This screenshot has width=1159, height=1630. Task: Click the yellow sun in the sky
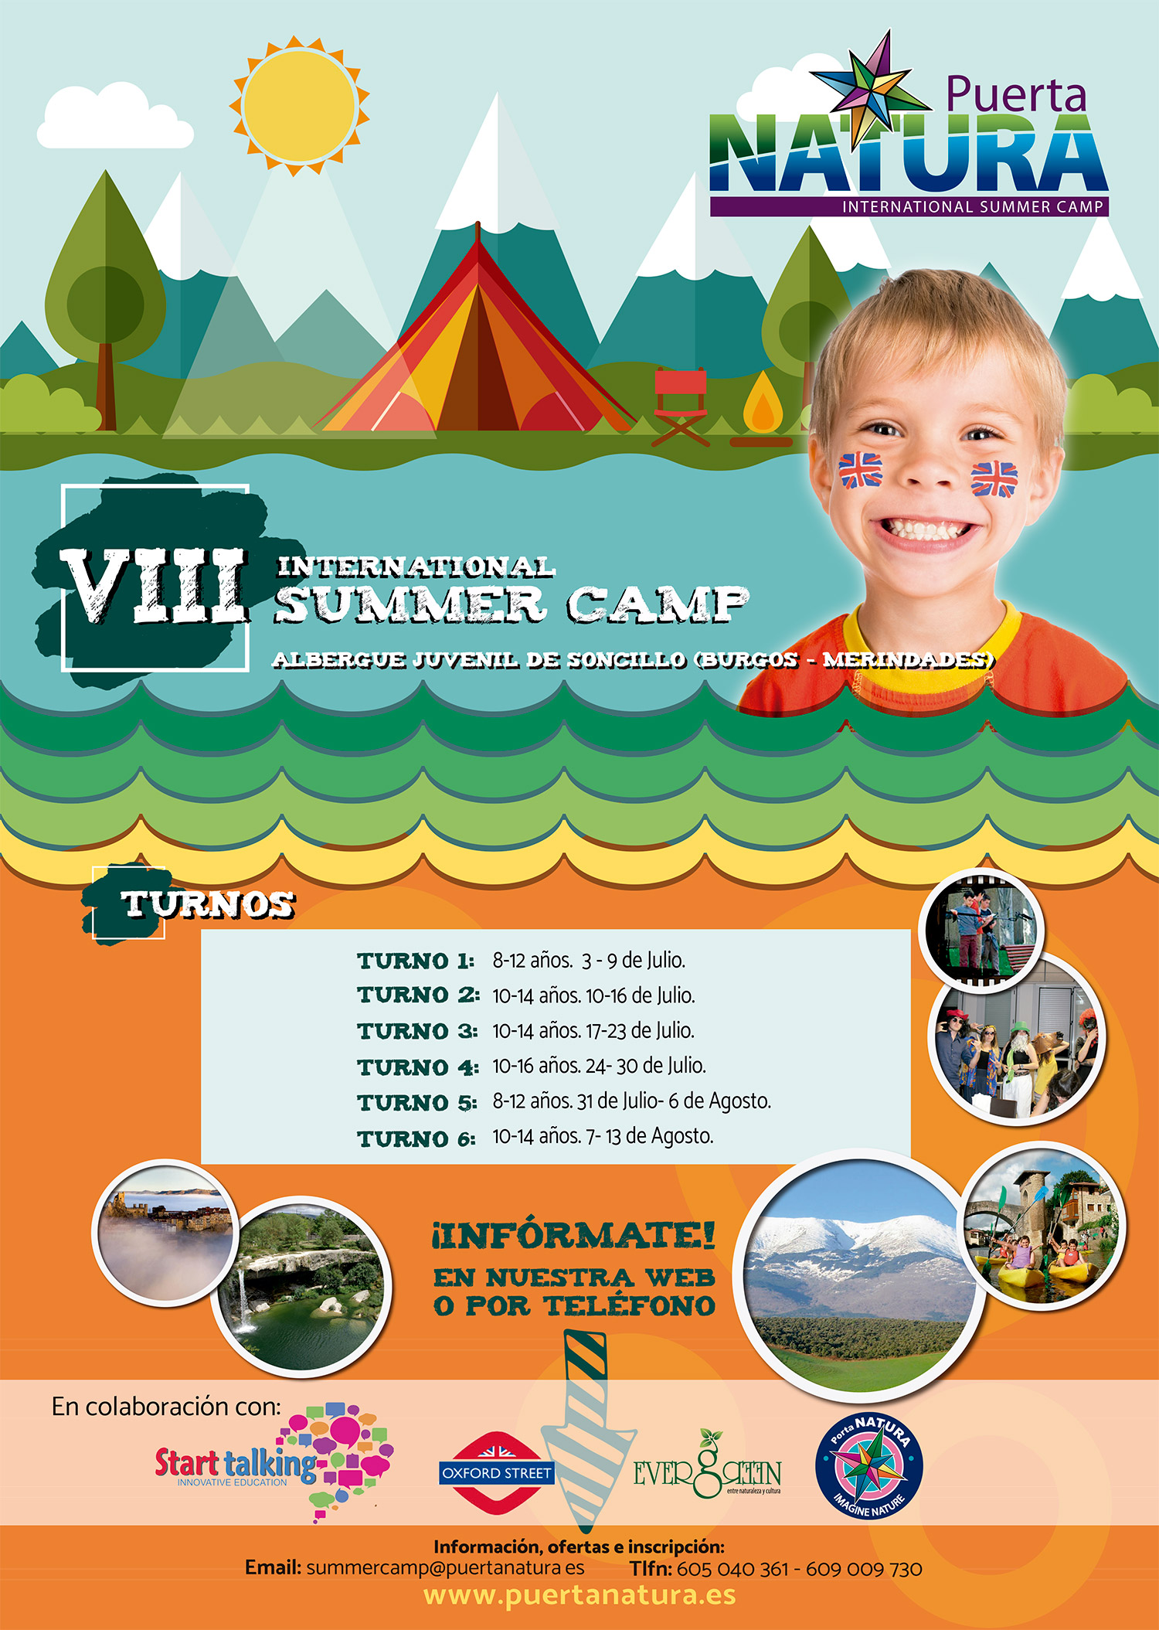coord(299,105)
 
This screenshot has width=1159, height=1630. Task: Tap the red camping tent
coord(478,340)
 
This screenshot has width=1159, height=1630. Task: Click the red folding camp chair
coord(680,406)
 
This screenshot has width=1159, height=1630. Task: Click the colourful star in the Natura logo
coord(872,89)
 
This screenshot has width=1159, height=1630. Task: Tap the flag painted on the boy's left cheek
coord(994,479)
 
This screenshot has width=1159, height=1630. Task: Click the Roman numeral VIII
coord(155,585)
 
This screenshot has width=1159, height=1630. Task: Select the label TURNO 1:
coord(416,961)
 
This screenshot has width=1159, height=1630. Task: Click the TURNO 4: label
coord(418,1067)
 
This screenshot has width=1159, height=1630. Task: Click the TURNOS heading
coord(208,904)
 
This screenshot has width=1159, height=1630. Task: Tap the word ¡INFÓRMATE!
coord(573,1235)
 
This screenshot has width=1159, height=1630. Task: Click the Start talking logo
coord(274,1462)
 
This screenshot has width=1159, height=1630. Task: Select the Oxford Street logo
coord(496,1472)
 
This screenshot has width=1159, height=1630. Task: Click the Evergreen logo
coord(707,1465)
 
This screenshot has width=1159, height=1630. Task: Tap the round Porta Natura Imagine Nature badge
coord(869,1467)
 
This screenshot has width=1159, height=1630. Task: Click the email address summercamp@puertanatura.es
coord(445,1568)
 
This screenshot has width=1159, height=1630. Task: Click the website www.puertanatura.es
coord(579,1596)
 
